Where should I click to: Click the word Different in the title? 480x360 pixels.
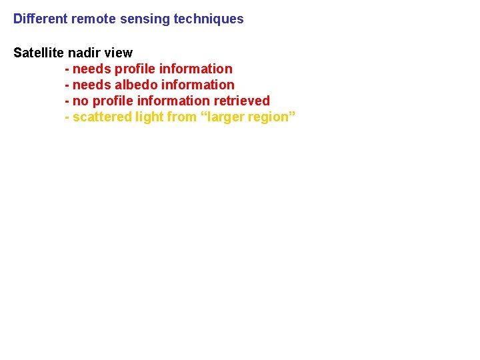(x=40, y=19)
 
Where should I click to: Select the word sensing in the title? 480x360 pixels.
(x=145, y=19)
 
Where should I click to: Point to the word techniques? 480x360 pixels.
(x=209, y=19)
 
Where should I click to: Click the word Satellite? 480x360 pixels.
(x=39, y=53)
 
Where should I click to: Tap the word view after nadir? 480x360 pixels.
(x=119, y=53)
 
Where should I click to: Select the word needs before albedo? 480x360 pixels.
(x=91, y=85)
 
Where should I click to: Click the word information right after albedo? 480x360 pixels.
(x=197, y=85)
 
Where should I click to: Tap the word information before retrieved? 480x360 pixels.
(x=173, y=101)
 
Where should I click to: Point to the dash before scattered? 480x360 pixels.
(x=67, y=117)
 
